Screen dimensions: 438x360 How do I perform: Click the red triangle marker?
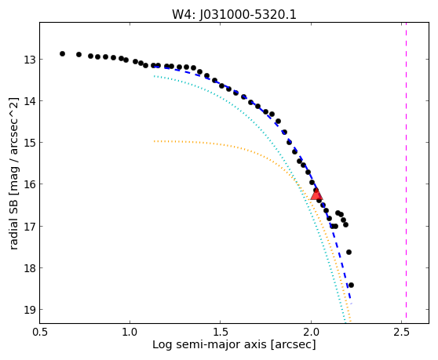click(x=316, y=195)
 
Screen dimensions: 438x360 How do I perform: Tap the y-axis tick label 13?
click(x=29, y=60)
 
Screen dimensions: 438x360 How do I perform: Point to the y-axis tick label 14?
click(x=29, y=101)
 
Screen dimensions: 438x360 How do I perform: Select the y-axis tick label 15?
click(x=29, y=143)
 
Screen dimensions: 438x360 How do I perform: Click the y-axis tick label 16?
click(x=29, y=184)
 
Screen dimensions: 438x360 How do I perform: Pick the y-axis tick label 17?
click(x=29, y=226)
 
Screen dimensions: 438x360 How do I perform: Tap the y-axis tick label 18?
click(x=29, y=268)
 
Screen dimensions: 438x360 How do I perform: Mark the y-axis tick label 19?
click(x=29, y=310)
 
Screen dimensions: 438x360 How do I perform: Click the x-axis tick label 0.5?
click(x=40, y=332)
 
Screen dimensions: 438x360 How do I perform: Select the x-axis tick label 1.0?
click(x=130, y=332)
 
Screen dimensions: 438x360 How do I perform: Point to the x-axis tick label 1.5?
click(x=221, y=332)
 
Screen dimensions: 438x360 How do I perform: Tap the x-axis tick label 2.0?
click(x=311, y=332)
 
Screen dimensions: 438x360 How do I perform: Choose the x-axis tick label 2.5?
click(x=401, y=332)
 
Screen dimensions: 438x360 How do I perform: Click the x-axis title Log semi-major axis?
click(x=210, y=345)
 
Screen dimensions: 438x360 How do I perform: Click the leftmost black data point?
click(x=62, y=53)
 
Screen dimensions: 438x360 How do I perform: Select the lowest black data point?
click(x=351, y=285)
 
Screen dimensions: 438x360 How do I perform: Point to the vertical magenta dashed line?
click(x=406, y=170)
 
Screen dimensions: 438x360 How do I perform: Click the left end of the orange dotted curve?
click(x=154, y=141)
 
